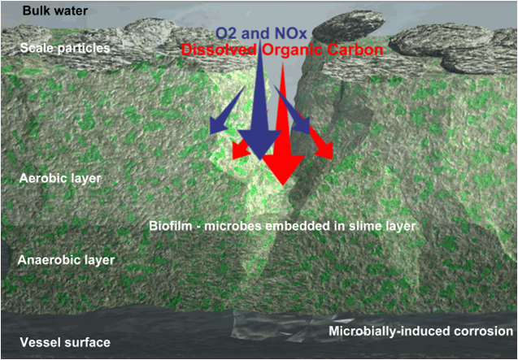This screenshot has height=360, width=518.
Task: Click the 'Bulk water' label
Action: click(x=55, y=11)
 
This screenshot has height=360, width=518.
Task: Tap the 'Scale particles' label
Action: click(x=65, y=48)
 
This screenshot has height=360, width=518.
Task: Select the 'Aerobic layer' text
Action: click(x=60, y=178)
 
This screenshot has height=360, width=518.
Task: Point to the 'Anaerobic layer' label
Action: click(x=66, y=260)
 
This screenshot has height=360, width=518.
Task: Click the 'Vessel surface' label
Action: click(x=65, y=342)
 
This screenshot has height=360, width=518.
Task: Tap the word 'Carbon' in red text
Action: click(x=358, y=50)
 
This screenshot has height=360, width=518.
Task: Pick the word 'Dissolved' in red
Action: click(x=220, y=50)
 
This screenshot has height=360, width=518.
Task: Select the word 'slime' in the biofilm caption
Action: click(x=347, y=227)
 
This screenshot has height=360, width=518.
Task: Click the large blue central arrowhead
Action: click(x=260, y=144)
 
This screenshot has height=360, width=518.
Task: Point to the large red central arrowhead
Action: click(x=283, y=169)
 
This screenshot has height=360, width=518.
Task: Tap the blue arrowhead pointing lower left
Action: click(x=219, y=125)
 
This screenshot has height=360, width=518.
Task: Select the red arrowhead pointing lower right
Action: click(x=324, y=150)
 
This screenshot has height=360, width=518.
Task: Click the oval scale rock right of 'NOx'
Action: click(x=349, y=26)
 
